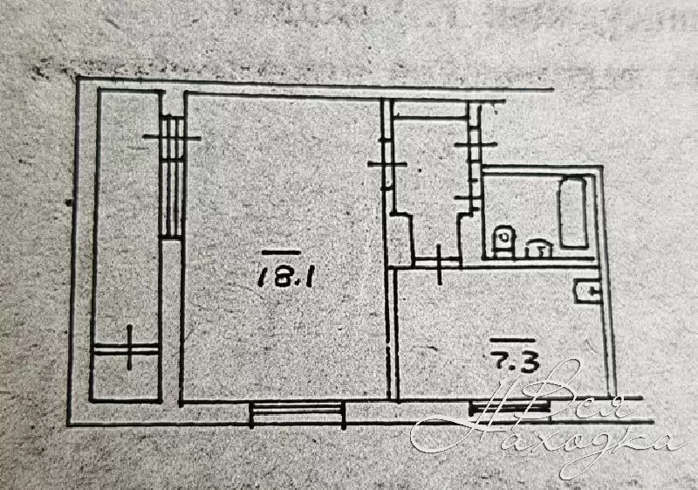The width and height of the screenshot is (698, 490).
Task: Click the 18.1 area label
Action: (278, 279)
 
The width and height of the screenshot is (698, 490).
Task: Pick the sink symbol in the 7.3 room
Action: (586, 291)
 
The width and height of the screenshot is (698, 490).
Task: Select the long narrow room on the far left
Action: (127, 245)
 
